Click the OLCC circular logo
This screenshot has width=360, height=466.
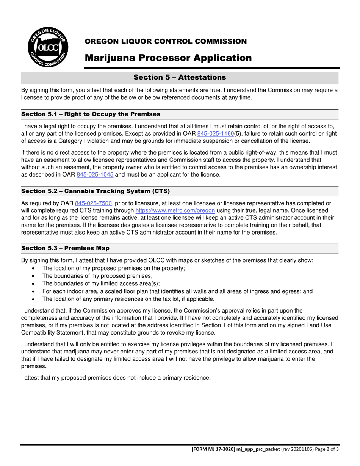[48, 48]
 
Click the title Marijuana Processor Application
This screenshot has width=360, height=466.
[168, 58]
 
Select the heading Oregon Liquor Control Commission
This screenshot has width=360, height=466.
[166, 41]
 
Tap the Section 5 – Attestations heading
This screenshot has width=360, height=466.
[180, 77]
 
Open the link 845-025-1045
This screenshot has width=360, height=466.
[95, 175]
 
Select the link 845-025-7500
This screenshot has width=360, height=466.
[93, 203]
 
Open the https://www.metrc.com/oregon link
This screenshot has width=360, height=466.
[175, 211]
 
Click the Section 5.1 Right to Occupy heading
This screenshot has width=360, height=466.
[91, 114]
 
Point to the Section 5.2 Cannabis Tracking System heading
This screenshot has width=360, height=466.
[95, 191]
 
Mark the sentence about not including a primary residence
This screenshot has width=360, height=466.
[116, 378]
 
